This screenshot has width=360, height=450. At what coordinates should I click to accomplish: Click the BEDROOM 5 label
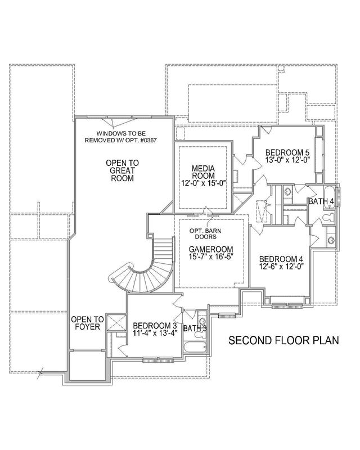pos(287,152)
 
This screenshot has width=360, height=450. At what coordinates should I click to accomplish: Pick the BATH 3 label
pos(195,328)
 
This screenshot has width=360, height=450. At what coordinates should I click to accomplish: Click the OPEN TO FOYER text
pos(85,325)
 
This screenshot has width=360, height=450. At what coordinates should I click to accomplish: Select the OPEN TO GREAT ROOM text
pos(121,170)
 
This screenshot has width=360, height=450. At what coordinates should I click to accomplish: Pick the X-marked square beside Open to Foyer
pos(118,323)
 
